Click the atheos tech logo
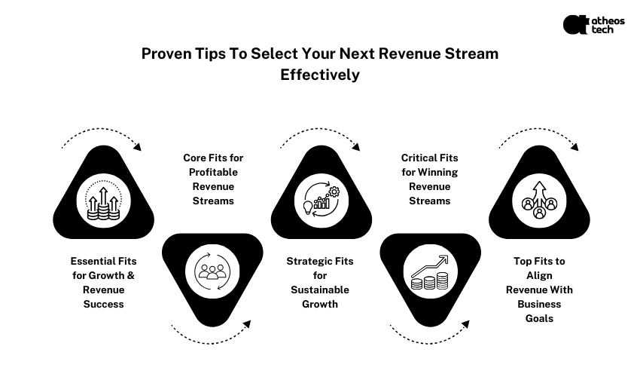pyautogui.click(x=593, y=25)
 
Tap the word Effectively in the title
pyautogui.click(x=320, y=75)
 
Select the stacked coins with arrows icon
pyautogui.click(x=103, y=202)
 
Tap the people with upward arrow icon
pyautogui.click(x=539, y=199)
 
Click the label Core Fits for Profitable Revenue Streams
pyautogui.click(x=213, y=179)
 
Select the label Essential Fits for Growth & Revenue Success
pyautogui.click(x=103, y=283)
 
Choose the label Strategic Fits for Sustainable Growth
pyautogui.click(x=320, y=283)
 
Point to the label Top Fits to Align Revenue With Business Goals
pyautogui.click(x=539, y=290)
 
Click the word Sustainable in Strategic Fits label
pyautogui.click(x=320, y=290)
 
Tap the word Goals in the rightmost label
pyautogui.click(x=539, y=318)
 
